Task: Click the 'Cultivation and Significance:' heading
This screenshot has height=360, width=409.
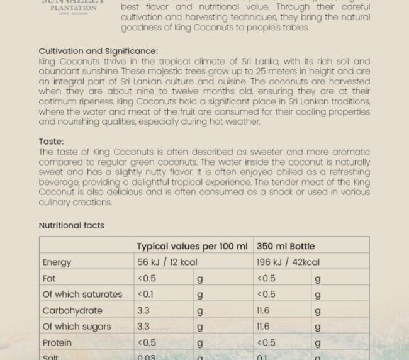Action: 98,51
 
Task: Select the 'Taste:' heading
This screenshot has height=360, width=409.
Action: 51,142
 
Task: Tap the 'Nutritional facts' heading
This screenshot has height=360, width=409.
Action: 72,225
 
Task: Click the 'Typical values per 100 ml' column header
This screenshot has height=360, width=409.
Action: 192,246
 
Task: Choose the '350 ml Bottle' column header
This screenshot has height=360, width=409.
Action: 286,246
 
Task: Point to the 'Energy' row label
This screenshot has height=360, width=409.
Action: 57,262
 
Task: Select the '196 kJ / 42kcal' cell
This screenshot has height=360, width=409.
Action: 288,262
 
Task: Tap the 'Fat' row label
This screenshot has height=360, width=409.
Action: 50,278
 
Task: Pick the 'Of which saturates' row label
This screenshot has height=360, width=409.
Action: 82,295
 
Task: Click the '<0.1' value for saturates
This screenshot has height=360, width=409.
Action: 146,295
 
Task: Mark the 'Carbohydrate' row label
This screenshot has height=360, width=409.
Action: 72,311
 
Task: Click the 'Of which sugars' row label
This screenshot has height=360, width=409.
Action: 77,327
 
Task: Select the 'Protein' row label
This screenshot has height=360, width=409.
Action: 57,343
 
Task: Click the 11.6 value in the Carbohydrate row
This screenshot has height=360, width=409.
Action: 263,311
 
